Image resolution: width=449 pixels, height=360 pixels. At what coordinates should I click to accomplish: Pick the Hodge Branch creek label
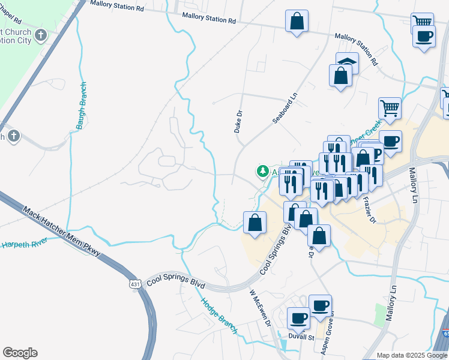219,316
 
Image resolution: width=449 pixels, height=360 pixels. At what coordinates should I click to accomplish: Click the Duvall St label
303,338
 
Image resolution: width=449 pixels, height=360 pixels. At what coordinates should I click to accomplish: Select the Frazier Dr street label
369,212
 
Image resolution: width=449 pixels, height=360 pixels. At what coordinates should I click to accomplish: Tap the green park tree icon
262,172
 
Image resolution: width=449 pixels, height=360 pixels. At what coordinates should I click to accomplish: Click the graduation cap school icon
347,62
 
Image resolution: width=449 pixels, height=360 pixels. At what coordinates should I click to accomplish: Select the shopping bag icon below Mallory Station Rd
297,21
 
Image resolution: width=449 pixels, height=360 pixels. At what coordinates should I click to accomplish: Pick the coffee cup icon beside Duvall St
298,318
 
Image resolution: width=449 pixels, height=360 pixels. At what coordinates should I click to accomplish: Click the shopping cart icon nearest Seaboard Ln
390,109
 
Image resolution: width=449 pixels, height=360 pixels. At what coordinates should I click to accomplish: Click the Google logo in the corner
20,352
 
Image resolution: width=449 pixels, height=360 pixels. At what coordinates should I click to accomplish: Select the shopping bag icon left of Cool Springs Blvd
255,223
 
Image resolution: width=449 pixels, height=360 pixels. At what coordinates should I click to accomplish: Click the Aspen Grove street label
330,329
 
